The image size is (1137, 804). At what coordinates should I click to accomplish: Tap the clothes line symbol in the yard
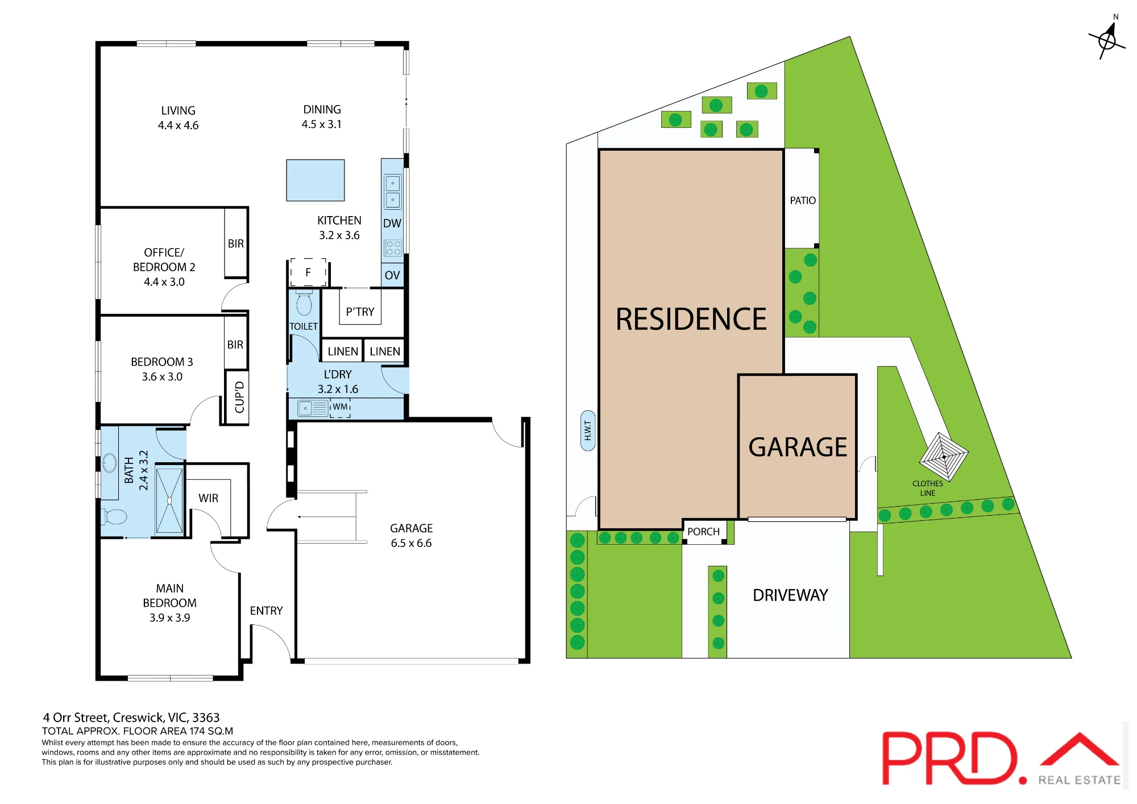[x=944, y=457]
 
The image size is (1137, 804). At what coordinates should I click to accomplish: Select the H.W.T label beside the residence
[x=588, y=430]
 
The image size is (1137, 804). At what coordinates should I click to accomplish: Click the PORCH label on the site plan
[x=703, y=532]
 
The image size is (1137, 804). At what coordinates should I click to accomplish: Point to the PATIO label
[x=803, y=200]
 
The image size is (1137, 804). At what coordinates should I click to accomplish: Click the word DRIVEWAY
[x=790, y=595]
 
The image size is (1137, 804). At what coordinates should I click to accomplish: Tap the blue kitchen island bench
[x=316, y=180]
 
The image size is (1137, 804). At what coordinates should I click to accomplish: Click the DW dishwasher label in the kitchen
[x=392, y=223]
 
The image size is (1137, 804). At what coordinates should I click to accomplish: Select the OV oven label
[x=392, y=275]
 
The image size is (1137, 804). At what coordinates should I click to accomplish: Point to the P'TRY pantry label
[x=360, y=312]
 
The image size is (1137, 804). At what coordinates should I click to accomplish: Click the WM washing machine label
[x=340, y=407]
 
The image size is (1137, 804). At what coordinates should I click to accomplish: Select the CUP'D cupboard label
[x=239, y=397]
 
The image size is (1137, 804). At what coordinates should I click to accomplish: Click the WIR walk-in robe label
[x=209, y=498]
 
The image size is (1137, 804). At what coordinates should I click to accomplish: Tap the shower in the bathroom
[x=169, y=500]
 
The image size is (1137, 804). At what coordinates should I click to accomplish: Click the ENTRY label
[x=266, y=611]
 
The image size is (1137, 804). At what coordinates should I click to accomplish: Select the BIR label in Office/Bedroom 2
[x=236, y=243]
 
